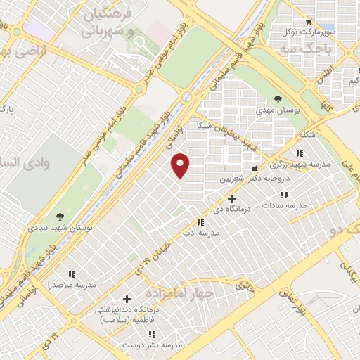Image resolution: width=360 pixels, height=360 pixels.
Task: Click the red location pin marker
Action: pos(181,165)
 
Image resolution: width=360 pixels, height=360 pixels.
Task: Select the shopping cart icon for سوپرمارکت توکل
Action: pos(308,21)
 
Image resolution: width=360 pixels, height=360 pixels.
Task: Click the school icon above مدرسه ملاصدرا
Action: pos(71,274)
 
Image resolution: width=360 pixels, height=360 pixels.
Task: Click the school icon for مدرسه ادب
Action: pos(200,222)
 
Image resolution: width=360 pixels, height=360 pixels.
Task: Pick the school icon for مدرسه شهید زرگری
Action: pos(300,153)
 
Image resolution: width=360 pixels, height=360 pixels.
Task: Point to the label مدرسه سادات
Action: pos(284,205)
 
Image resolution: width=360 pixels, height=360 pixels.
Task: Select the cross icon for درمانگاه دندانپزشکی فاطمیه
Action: pos(127,299)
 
